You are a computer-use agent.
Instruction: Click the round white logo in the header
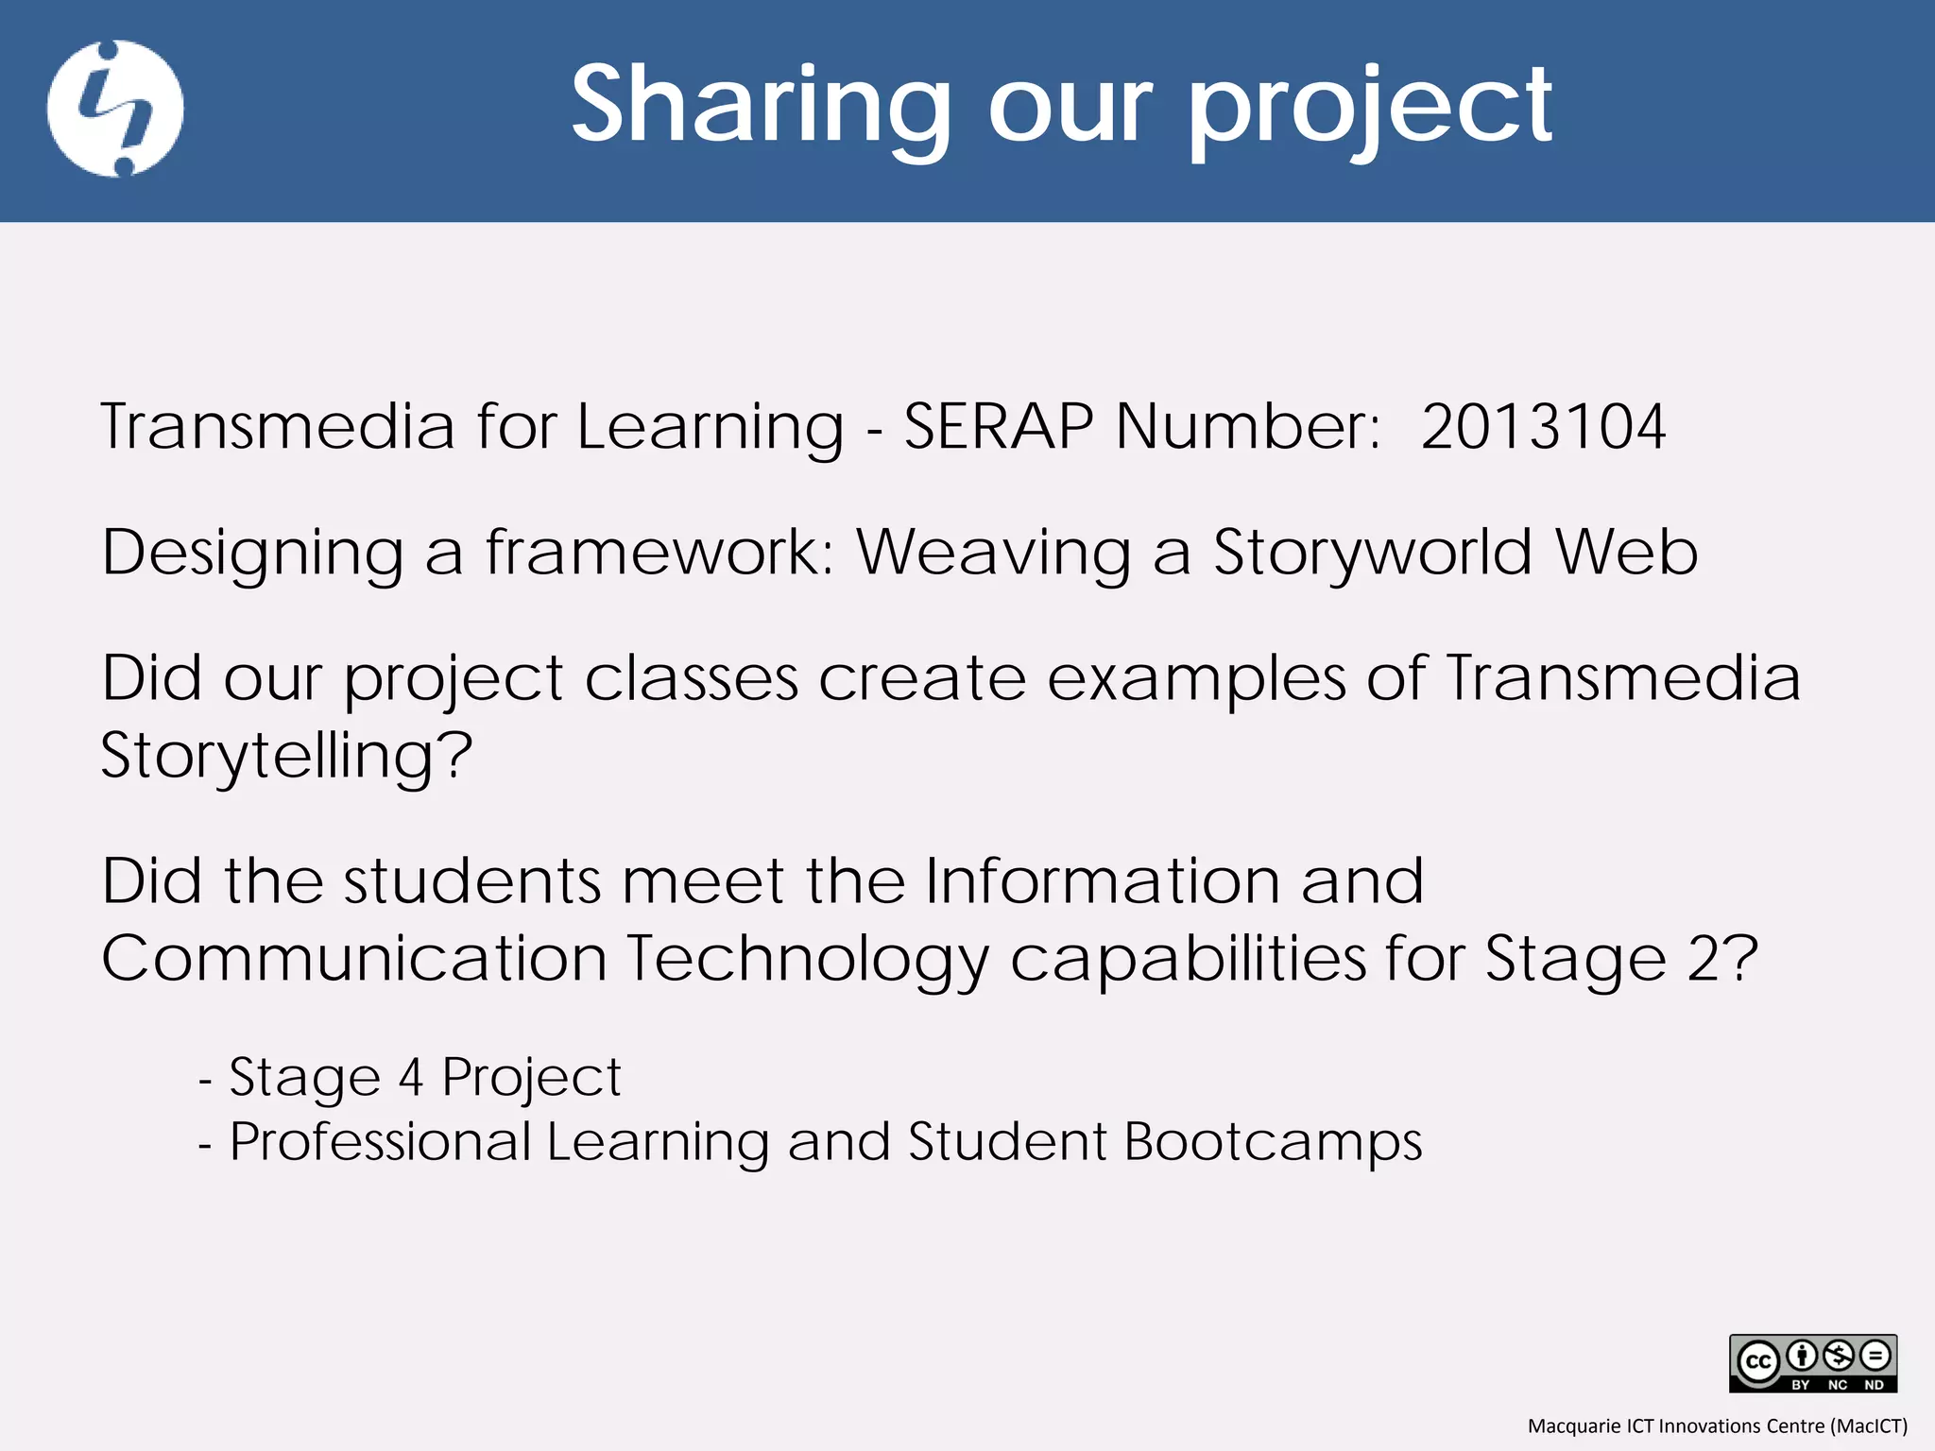pyautogui.click(x=115, y=109)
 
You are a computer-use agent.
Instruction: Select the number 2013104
pyautogui.click(x=1543, y=427)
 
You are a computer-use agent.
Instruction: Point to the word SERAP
pyautogui.click(x=999, y=427)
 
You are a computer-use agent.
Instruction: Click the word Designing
pyautogui.click(x=252, y=554)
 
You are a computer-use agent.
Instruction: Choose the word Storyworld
pyautogui.click(x=1373, y=554)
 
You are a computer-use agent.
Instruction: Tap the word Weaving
pyautogui.click(x=993, y=554)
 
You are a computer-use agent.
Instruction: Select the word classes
pyautogui.click(x=691, y=679)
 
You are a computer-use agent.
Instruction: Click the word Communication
pyautogui.click(x=353, y=959)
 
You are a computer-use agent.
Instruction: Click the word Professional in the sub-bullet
pyautogui.click(x=381, y=1142)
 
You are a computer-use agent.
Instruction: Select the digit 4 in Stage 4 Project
pyautogui.click(x=410, y=1078)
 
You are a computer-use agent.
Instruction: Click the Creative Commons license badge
pyautogui.click(x=1812, y=1363)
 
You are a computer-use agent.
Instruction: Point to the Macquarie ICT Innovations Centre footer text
pyautogui.click(x=1717, y=1425)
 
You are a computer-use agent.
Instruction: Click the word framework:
pyautogui.click(x=659, y=554)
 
